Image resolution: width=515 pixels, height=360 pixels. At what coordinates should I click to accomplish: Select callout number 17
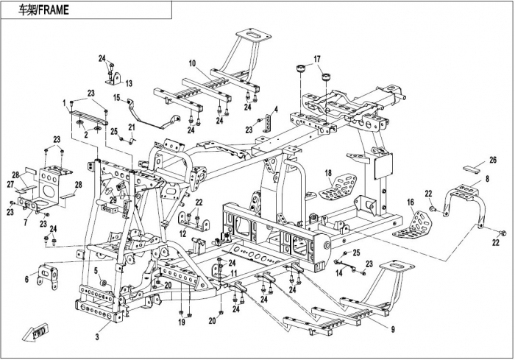tap(317, 59)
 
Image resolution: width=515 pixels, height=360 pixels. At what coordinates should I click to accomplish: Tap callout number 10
tap(191, 63)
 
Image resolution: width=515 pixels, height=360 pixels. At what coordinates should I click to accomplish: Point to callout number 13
tap(128, 82)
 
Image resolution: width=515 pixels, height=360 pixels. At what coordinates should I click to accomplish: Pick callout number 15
tap(116, 97)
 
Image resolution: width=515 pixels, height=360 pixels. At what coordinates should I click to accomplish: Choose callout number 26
tap(492, 159)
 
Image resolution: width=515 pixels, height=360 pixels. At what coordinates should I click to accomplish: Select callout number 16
tap(410, 201)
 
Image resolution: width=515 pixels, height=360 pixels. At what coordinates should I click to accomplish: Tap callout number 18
tap(328, 174)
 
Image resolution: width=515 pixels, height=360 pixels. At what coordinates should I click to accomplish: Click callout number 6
tap(26, 280)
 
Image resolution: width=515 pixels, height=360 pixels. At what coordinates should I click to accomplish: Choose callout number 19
tap(181, 322)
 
